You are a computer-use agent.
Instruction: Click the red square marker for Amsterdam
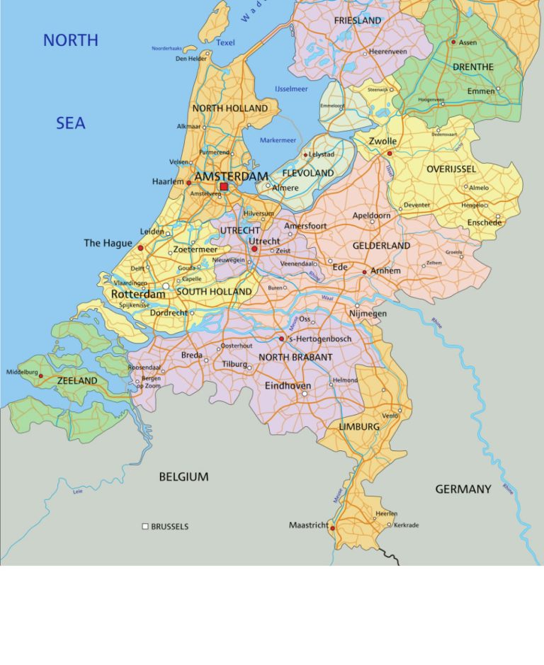pos(224,187)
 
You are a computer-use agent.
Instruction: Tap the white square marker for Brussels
pos(145,526)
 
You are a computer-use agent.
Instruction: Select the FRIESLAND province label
pos(358,21)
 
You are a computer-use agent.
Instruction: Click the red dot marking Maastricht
pos(332,528)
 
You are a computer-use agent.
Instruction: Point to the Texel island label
pos(225,42)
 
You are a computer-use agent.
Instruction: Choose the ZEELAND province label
pos(77,381)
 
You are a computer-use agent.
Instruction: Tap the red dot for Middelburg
pos(40,377)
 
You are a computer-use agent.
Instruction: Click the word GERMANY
pos(463,489)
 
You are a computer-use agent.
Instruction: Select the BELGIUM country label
pos(183,477)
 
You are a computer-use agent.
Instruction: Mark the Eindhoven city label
pos(288,386)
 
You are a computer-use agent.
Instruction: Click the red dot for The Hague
pos(140,248)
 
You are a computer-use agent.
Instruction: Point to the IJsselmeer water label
pos(290,88)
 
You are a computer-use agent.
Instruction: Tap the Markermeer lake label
pos(278,140)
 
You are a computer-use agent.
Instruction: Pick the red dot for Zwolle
pos(390,152)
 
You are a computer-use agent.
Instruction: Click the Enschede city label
pos(484,222)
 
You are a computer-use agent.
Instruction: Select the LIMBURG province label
pos(359,427)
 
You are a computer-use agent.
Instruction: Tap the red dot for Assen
pos(453,42)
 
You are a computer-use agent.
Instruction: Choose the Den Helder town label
pos(191,59)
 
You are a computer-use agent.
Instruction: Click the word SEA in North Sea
pos(71,124)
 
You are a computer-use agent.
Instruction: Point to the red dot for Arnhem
pos(364,272)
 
